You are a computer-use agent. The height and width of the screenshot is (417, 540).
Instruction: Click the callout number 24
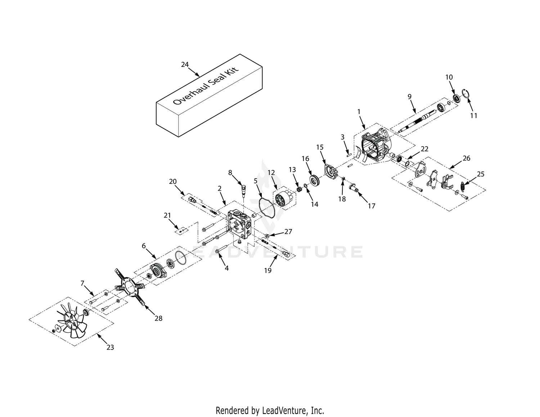pyautogui.click(x=185, y=64)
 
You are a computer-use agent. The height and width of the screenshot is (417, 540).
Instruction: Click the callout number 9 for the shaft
pyautogui.click(x=410, y=96)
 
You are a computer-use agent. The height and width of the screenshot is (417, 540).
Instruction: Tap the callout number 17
pyautogui.click(x=372, y=206)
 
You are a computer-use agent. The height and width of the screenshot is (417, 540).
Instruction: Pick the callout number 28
pyautogui.click(x=158, y=318)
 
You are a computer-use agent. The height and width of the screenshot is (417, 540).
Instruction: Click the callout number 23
pyautogui.click(x=110, y=348)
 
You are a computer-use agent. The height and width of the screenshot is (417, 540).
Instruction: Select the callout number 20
pyautogui.click(x=173, y=182)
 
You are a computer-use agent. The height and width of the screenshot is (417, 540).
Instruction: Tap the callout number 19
pyautogui.click(x=267, y=271)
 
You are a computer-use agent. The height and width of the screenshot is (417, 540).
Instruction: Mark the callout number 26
pyautogui.click(x=467, y=158)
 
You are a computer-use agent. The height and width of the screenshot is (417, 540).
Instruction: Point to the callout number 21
pyautogui.click(x=167, y=215)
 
